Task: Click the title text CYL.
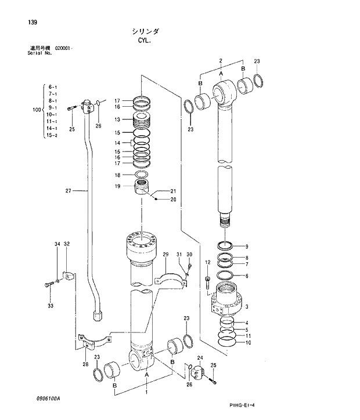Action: (143, 41)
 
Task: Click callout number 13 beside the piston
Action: (117, 120)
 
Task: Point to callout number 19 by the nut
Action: (117, 186)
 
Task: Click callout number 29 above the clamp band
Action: (165, 255)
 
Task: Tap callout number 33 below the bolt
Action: (50, 306)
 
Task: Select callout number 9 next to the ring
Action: (246, 247)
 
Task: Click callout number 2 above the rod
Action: (221, 61)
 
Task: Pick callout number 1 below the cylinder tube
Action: (146, 393)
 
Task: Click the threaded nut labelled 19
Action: (141, 189)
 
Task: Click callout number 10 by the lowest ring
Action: (248, 342)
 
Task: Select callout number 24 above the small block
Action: (200, 358)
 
